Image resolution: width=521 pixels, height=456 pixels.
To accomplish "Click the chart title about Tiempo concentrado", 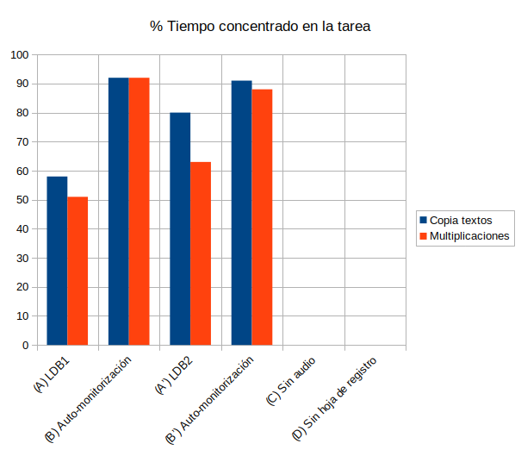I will coord(260,27).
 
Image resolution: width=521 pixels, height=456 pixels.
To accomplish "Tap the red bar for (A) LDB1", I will coord(78,271).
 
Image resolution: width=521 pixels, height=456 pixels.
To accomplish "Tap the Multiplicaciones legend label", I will coord(469,235).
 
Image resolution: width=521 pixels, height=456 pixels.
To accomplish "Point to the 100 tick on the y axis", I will coord(19,55).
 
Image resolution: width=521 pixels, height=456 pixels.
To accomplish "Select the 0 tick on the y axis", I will coord(25,345).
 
